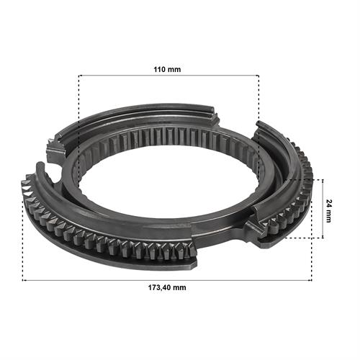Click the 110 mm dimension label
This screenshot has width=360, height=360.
point(167,70)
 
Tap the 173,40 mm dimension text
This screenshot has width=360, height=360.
point(167,287)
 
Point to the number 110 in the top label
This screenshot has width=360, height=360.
point(160,70)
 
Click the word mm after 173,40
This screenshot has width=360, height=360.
point(179,287)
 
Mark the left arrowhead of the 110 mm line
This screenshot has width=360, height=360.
point(80,76)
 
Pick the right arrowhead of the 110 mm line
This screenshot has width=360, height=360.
point(258,76)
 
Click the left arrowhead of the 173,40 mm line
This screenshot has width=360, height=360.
point(24,280)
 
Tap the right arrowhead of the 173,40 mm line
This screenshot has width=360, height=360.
point(310,280)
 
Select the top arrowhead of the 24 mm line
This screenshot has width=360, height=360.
point(323,181)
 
